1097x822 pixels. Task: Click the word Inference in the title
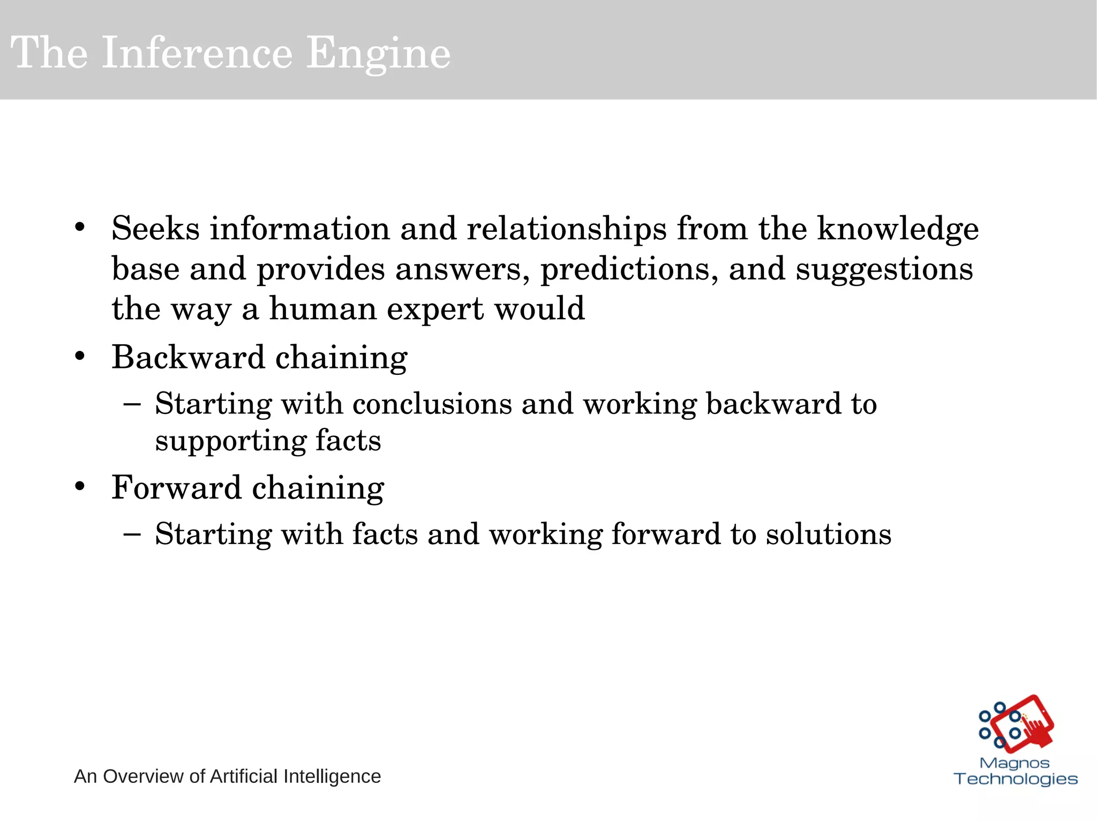[197, 53]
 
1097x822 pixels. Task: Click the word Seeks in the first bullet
[155, 229]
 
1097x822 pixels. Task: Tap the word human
[322, 309]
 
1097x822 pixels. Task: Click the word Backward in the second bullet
[188, 357]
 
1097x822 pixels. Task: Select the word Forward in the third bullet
[176, 488]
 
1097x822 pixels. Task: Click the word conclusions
[432, 404]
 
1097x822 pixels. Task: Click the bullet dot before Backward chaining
[80, 357]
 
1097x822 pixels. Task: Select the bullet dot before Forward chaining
[80, 487]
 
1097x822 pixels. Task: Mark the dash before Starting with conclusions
[132, 404]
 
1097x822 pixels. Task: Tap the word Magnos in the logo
[1015, 763]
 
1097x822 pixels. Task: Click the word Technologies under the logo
[1016, 779]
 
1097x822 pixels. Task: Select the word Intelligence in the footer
[332, 776]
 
